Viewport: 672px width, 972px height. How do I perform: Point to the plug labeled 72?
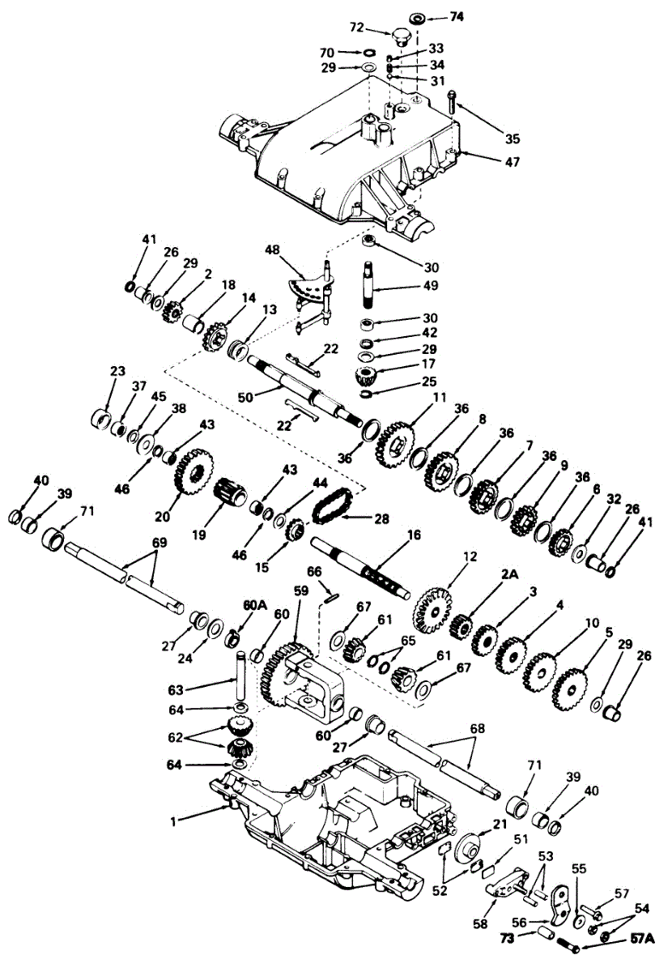[399, 37]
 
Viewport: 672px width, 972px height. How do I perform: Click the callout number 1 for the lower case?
[172, 821]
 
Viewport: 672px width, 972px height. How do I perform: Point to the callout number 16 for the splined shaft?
[415, 535]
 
